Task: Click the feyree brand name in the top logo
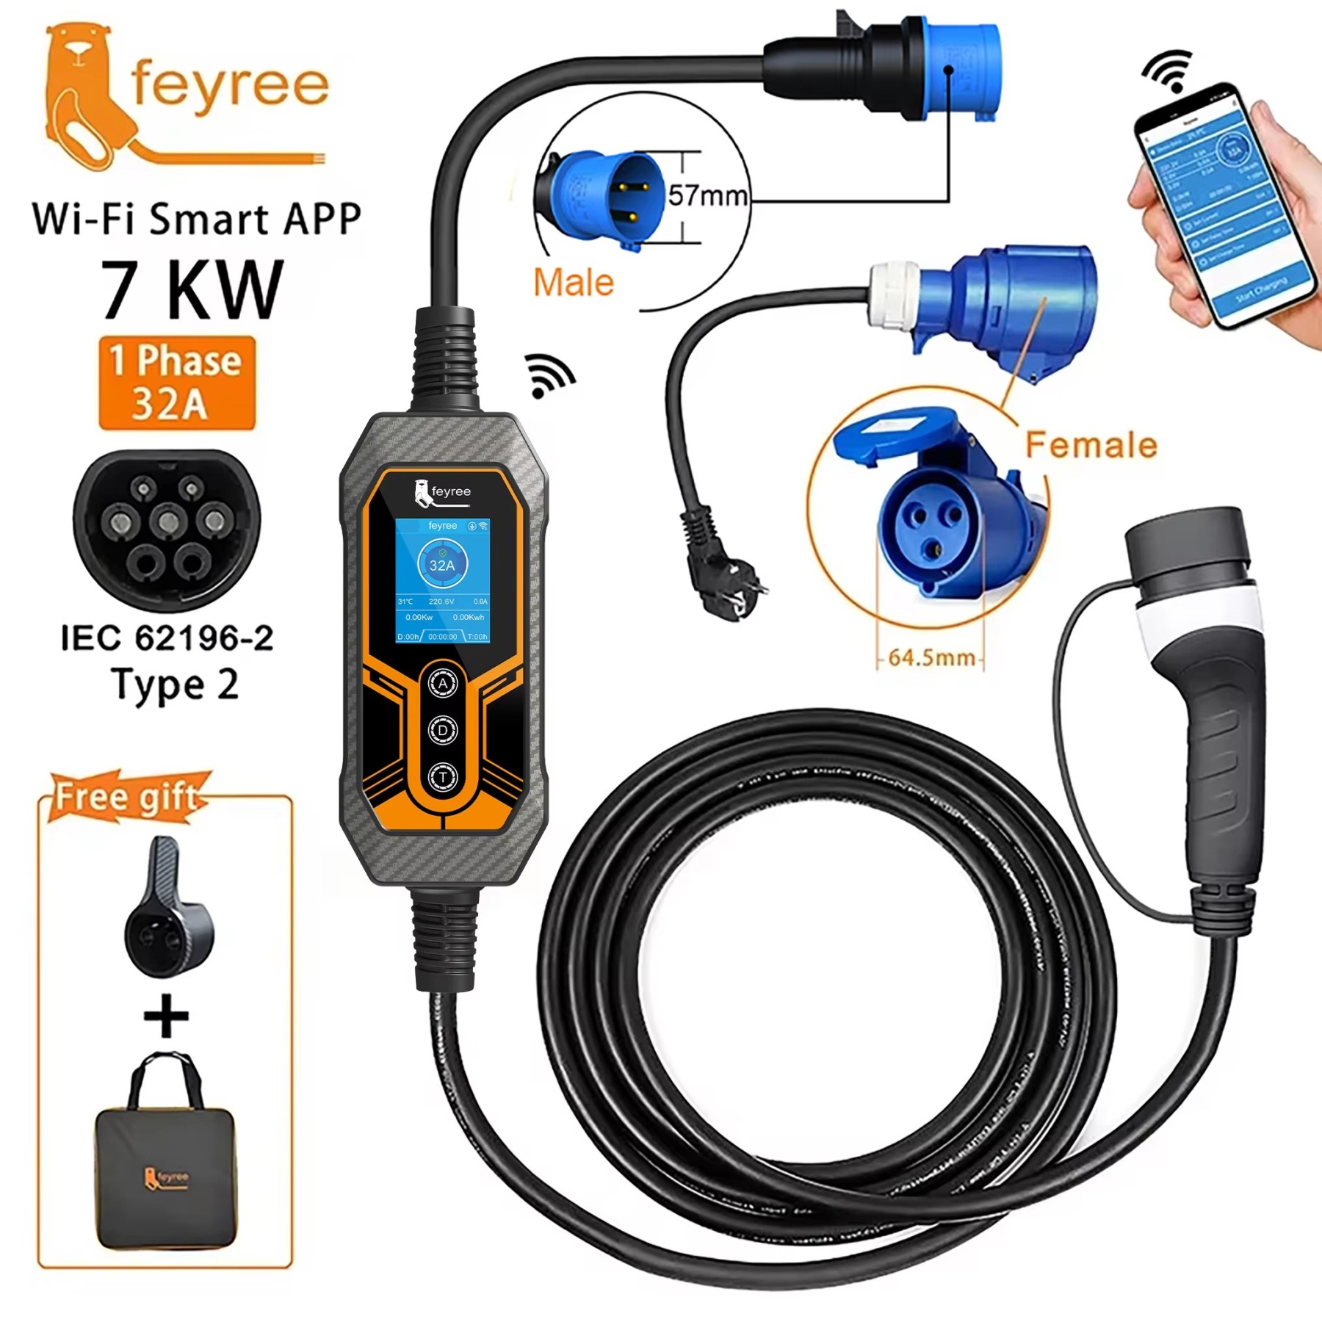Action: click(229, 87)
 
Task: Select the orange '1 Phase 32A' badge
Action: click(177, 383)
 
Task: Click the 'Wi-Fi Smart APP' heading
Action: click(197, 219)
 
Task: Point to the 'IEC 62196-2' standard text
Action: click(167, 637)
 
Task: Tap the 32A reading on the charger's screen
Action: click(442, 565)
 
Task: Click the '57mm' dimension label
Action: click(707, 195)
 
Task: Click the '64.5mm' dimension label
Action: click(931, 657)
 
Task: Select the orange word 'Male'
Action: click(574, 283)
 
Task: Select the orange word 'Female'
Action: click(1091, 445)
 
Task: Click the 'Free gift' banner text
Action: click(127, 797)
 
